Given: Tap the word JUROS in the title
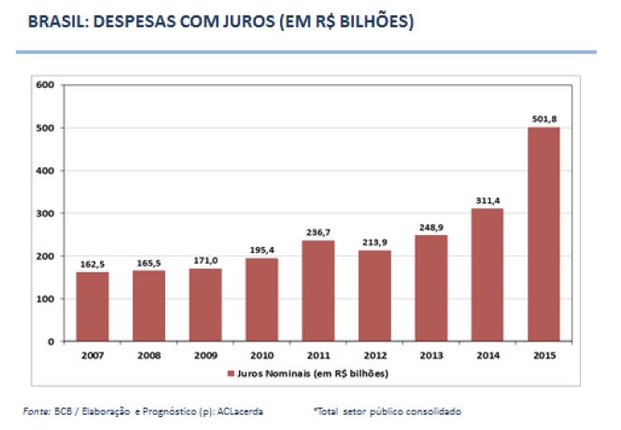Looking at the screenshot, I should pos(221,20).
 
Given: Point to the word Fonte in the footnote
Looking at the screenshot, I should pos(36,410).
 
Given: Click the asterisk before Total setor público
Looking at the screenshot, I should pos(316,409).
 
